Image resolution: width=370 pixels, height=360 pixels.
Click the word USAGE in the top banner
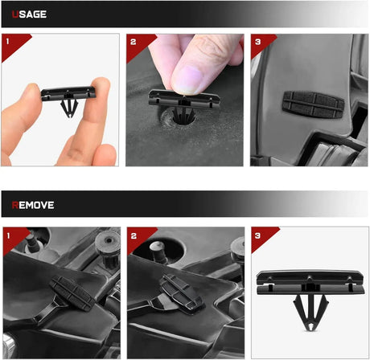[29, 14]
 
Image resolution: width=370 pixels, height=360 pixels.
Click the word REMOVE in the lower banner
[33, 205]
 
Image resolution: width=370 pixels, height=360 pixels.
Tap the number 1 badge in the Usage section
[7, 41]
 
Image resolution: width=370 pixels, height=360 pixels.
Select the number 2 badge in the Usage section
[133, 42]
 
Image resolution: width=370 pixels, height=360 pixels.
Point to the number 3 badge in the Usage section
[257, 42]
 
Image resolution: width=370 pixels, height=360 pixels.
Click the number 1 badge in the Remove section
[8, 235]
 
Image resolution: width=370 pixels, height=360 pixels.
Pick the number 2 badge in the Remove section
[134, 235]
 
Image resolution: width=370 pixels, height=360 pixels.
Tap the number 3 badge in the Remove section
[257, 235]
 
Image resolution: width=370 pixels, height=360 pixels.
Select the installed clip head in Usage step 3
[313, 104]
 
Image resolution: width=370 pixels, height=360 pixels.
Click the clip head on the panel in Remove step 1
[73, 293]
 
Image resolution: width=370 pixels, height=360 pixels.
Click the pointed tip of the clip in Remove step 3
[310, 329]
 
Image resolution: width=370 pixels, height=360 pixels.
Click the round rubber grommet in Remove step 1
[108, 244]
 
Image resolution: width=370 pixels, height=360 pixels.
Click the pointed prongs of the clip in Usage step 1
[69, 108]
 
